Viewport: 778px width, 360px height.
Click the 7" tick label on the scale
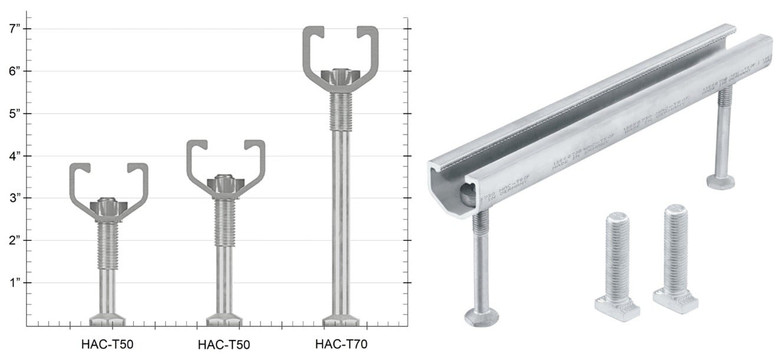[12, 28]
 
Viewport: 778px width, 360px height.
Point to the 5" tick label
[12, 113]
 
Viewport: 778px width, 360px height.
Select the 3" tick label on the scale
[12, 198]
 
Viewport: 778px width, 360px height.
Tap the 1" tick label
[12, 283]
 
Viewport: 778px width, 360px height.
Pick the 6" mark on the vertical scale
[12, 71]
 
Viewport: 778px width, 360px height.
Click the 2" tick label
[12, 240]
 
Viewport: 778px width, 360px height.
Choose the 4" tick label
[12, 156]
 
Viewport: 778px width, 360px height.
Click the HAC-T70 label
[341, 344]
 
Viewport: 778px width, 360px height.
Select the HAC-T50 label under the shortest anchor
[107, 344]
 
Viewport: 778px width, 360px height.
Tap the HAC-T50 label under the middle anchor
[224, 344]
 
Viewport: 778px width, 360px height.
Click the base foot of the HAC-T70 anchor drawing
[340, 320]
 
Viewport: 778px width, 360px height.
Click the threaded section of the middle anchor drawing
[225, 221]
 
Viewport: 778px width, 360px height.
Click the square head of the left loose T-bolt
[617, 307]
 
